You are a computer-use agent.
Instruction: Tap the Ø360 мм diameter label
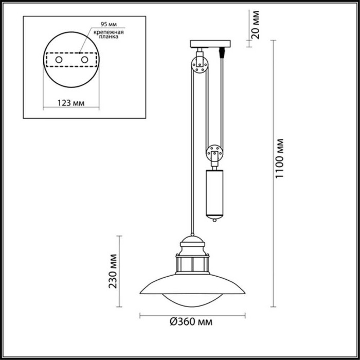pos(191,322)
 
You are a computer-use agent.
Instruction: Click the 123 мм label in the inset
pos(69,103)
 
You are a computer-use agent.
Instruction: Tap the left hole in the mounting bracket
pos(59,61)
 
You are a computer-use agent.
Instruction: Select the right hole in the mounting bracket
pos(84,61)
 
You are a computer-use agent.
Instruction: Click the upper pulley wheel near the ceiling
pos(200,65)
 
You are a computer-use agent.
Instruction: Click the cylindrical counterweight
pos(215,192)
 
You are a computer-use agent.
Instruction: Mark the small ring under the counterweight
pos(215,220)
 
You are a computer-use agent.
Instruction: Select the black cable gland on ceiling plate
pos(222,52)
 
